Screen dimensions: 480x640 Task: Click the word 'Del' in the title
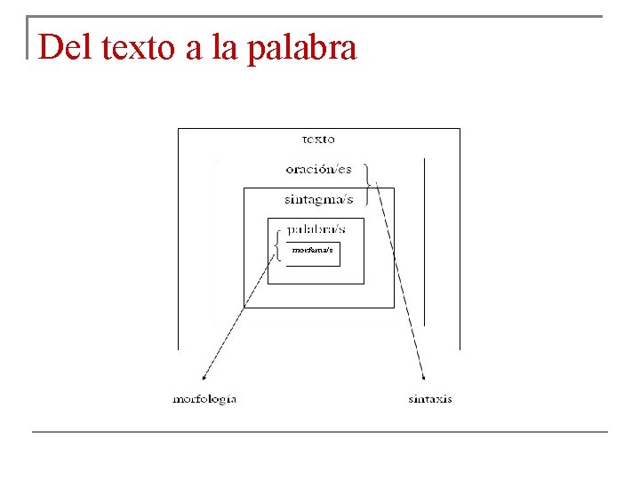pos(66,47)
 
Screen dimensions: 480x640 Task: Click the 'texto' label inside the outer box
pos(318,139)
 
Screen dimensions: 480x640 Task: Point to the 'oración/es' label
pos(318,168)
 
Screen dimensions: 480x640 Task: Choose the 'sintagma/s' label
pos(318,199)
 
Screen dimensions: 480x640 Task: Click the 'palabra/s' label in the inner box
pos(316,228)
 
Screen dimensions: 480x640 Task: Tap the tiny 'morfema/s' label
pos(312,251)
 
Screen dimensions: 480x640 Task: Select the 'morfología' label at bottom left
pos(204,399)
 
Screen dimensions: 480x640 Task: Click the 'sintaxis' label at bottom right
pos(430,399)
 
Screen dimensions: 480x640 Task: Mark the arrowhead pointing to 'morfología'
pos(206,377)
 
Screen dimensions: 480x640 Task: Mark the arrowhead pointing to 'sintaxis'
pos(421,377)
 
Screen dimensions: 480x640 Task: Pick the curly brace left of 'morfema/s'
pos(278,244)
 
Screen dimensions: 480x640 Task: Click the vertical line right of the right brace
pos(425,240)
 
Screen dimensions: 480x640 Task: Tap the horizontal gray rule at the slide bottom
pos(320,432)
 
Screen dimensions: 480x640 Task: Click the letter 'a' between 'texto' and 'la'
pos(194,49)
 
